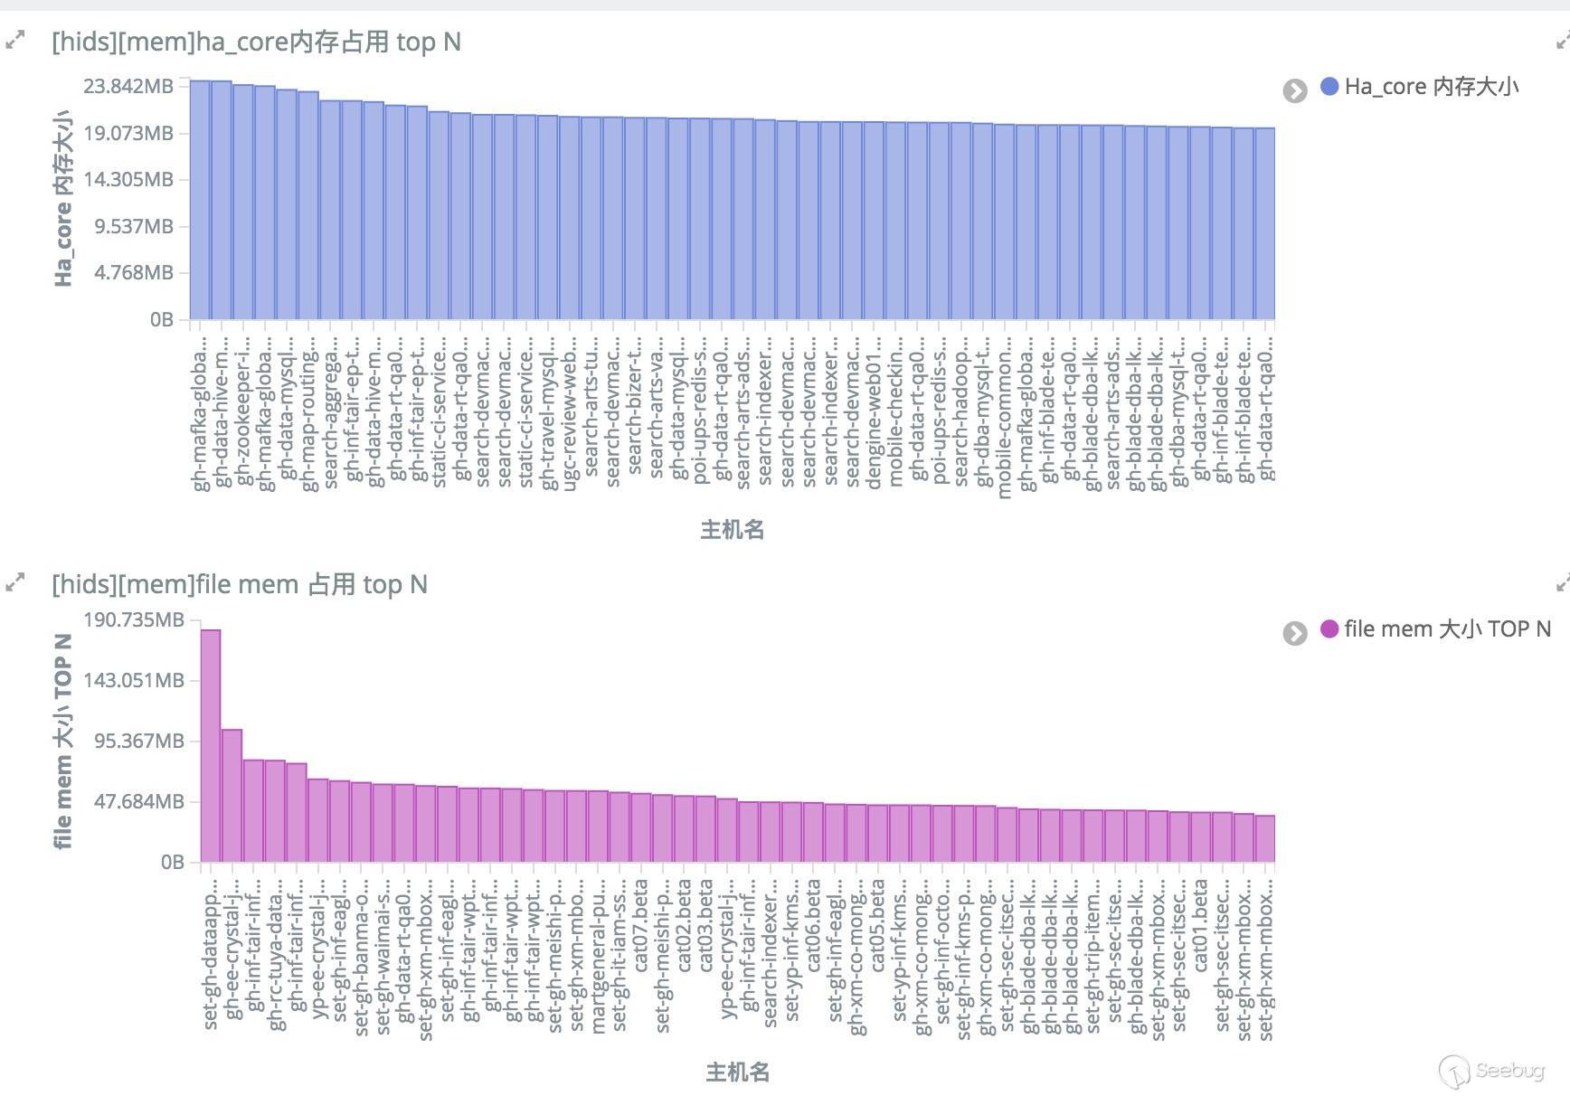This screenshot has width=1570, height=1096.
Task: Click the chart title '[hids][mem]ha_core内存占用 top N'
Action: click(256, 43)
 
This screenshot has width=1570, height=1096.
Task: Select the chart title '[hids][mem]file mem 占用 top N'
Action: click(240, 585)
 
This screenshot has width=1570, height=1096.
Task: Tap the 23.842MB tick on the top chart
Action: click(128, 86)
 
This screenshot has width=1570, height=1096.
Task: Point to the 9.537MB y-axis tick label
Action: click(134, 226)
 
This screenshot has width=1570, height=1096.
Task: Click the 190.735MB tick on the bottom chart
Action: click(134, 619)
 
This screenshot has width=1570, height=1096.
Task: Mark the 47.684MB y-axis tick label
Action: click(139, 801)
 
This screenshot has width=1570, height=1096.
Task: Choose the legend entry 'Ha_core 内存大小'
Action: click(1431, 87)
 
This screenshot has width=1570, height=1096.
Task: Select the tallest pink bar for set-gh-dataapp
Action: click(211, 745)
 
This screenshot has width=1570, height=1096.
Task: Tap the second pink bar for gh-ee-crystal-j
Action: click(232, 795)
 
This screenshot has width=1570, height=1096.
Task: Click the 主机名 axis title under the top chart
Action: click(733, 530)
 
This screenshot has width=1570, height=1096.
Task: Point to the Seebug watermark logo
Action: click(1492, 1072)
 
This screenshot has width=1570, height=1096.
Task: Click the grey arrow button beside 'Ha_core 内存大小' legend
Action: click(1295, 90)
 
